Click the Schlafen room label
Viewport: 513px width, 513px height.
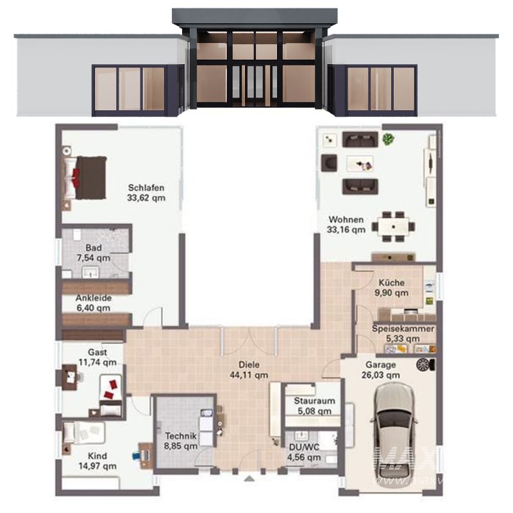coord(146,188)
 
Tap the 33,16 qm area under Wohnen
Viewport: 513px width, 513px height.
coord(346,229)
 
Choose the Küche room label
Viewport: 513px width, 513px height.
coord(391,282)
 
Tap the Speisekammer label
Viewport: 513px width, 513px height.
coord(403,329)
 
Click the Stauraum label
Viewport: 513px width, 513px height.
coord(312,401)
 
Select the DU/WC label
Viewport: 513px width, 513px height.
coord(303,448)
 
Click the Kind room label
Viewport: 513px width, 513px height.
coord(97,456)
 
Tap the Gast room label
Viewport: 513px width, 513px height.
coord(97,352)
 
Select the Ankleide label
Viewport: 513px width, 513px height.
coord(94,298)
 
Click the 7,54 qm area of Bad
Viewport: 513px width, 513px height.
coord(94,258)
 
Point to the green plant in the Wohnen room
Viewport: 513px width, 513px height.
coord(387,139)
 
